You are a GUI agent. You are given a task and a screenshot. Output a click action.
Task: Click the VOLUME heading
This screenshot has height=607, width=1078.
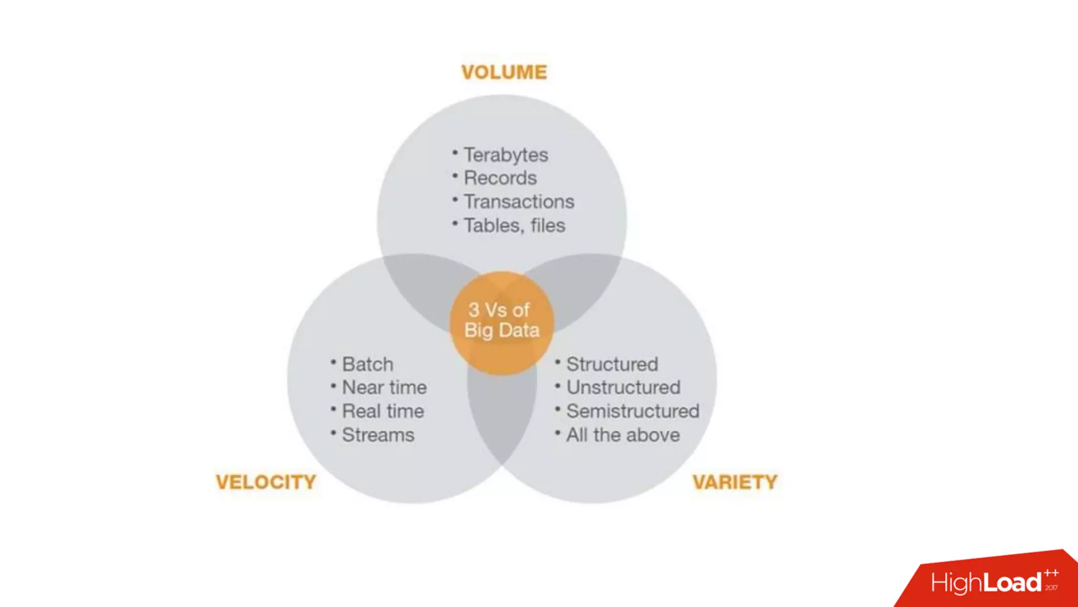click(504, 72)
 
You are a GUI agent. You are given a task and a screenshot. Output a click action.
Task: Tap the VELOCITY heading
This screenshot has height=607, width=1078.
click(266, 482)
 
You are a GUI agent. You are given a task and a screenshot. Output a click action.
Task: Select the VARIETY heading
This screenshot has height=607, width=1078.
click(735, 482)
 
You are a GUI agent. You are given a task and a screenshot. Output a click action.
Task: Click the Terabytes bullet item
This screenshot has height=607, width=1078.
click(505, 155)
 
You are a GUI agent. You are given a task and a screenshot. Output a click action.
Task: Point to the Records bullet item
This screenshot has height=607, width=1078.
click(500, 178)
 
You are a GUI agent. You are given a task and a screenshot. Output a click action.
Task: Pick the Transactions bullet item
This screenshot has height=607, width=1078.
click(518, 202)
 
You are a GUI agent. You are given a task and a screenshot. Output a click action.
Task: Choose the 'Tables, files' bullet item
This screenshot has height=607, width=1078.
click(514, 226)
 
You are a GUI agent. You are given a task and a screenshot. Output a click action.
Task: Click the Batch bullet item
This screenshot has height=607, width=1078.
click(367, 364)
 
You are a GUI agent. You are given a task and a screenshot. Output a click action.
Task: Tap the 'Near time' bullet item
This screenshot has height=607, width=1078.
click(384, 387)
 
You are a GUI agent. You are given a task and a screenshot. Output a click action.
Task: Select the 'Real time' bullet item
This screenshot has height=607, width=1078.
click(383, 411)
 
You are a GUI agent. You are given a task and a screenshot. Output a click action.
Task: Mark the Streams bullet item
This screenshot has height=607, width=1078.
click(378, 435)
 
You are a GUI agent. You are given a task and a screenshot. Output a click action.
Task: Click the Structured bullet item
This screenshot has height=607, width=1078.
click(612, 364)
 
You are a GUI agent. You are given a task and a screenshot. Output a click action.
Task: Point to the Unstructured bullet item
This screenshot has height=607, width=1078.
click(623, 387)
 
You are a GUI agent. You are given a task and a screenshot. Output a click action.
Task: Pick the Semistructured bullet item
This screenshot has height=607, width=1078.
click(633, 411)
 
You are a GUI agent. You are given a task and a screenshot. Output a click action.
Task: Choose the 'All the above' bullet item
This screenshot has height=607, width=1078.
click(623, 435)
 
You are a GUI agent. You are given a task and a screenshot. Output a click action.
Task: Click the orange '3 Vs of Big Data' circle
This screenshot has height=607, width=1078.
click(502, 321)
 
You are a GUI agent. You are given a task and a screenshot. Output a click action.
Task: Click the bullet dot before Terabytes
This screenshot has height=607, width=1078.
click(455, 153)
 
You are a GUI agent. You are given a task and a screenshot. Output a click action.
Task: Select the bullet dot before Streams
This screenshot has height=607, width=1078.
click(333, 433)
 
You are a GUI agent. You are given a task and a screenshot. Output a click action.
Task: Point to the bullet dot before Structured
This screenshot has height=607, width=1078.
click(557, 362)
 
